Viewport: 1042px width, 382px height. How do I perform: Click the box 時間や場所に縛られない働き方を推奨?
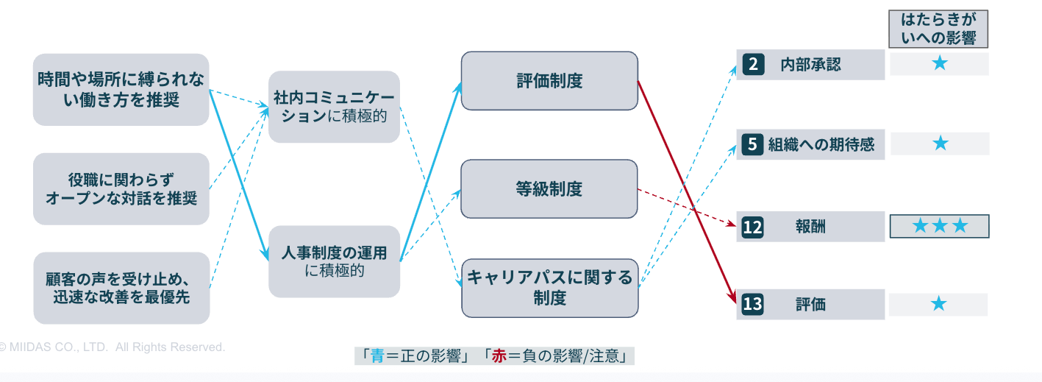121,90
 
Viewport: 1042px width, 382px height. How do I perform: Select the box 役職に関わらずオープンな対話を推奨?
121,188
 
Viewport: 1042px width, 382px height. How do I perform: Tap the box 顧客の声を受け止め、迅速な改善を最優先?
121,288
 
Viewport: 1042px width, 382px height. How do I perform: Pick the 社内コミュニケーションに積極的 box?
334,107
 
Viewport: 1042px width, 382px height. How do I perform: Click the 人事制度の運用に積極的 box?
334,261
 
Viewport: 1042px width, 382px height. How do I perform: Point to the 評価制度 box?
549,80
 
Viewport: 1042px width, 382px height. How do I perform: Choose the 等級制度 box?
549,188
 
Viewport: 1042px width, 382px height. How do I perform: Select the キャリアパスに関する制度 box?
550,288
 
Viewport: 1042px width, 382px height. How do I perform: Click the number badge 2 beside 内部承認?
753,64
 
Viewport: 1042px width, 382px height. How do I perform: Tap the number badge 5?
752,144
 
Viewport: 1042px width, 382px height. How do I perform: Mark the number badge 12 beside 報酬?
752,227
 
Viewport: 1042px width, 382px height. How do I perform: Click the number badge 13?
752,304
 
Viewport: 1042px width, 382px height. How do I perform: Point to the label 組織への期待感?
821,144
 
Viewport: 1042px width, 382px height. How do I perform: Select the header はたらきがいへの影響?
938,29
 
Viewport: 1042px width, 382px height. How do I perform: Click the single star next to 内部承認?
940,63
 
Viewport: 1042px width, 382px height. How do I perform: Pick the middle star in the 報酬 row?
940,226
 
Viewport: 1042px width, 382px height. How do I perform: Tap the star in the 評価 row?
939,304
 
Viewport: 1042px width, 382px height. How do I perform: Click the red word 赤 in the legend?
499,356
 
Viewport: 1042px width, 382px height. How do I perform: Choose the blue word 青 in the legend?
378,356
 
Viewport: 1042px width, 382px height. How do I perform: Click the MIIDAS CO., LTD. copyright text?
112,347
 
